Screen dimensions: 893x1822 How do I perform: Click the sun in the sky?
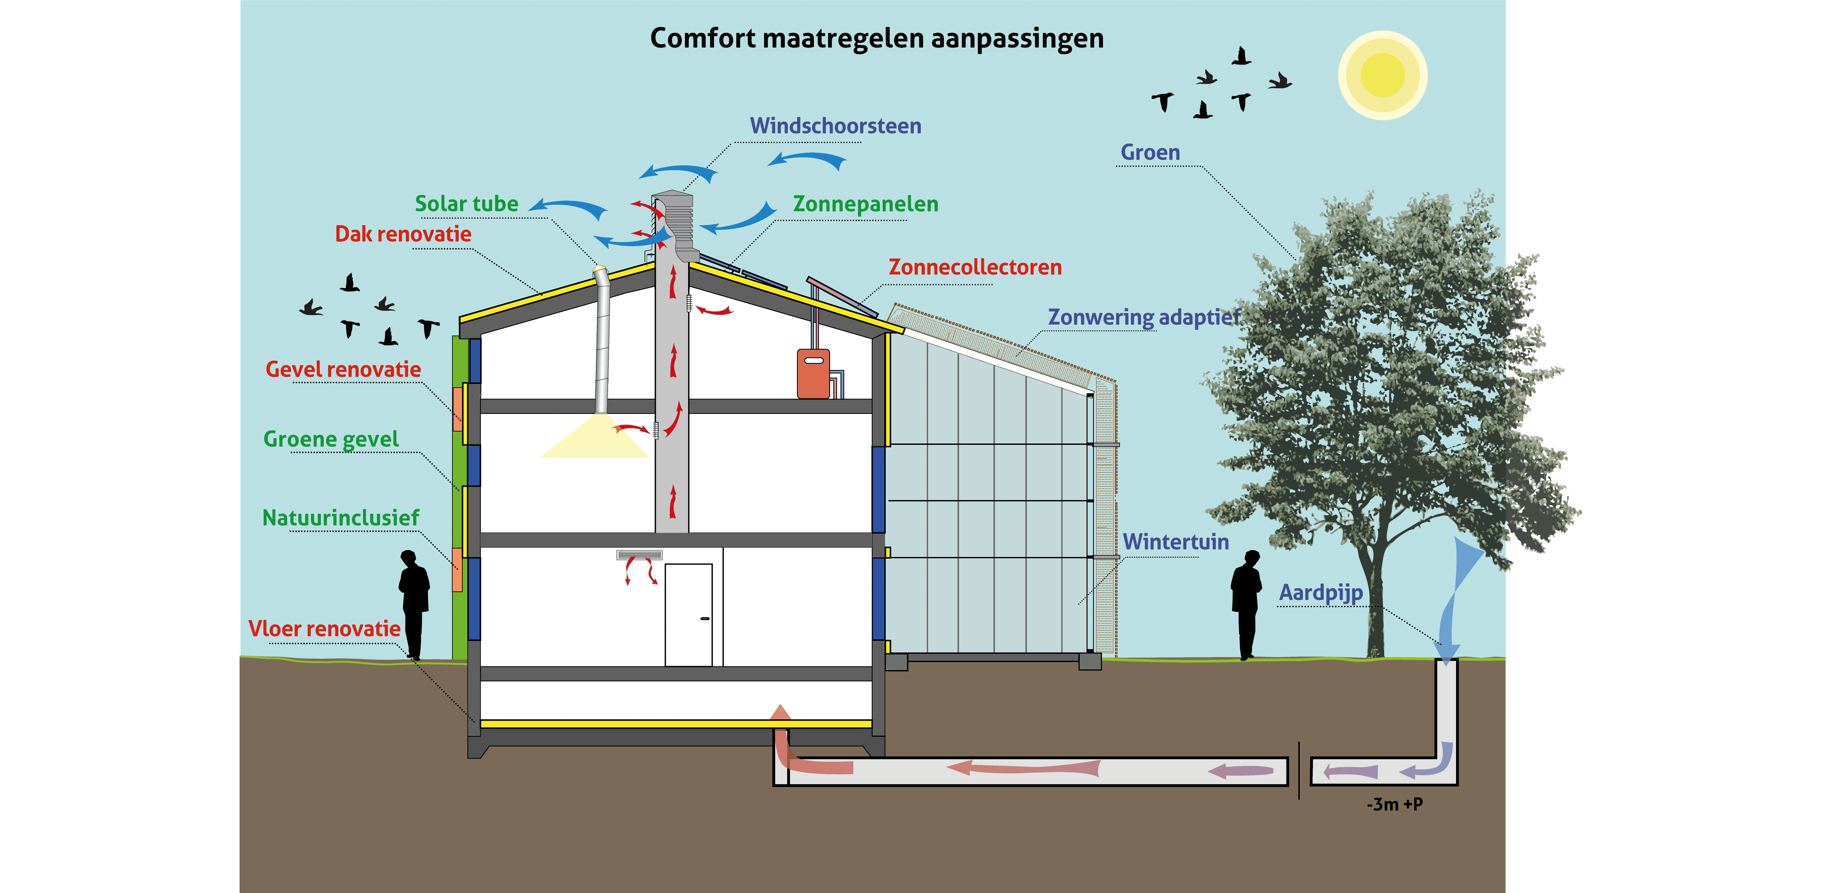tap(1382, 75)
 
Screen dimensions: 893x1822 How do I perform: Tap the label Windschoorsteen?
tap(835, 126)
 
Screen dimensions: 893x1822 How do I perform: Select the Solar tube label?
tap(466, 204)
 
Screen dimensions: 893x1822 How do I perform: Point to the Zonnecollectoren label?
tap(975, 267)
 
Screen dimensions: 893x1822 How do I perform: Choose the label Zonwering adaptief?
tap(1144, 317)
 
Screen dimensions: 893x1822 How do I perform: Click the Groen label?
tap(1150, 152)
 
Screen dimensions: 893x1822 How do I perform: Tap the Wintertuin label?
tap(1176, 542)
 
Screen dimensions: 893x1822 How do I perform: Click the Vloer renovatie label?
tap(324, 629)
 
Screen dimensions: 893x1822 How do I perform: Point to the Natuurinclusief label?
tap(341, 518)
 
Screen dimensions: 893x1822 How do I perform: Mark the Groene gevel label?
tap(331, 439)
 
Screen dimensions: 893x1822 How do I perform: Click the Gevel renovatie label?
tap(343, 369)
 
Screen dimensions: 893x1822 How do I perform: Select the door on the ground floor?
tap(688, 614)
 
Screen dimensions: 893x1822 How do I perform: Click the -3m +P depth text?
tap(1394, 804)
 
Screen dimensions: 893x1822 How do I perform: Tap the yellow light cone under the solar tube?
tap(595, 439)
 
